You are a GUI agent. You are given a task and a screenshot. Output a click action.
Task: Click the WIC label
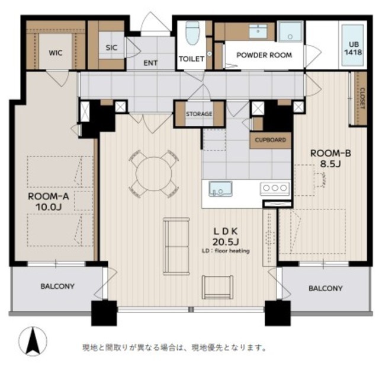[56, 53]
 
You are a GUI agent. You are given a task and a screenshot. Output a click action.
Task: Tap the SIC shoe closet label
[111, 47]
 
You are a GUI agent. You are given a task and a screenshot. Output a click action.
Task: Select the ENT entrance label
[150, 63]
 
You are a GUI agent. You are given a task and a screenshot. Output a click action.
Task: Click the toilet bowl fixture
[192, 33]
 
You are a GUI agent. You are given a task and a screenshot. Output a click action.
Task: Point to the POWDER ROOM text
[264, 55]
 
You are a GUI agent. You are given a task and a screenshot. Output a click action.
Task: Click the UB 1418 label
[354, 49]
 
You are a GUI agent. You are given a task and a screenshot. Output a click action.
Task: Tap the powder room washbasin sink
[258, 31]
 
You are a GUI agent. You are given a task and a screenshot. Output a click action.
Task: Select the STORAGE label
[199, 114]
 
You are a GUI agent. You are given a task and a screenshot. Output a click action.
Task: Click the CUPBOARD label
[271, 140]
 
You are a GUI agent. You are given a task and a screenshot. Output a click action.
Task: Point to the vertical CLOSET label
[362, 98]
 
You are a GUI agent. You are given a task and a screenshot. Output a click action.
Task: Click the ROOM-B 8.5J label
[330, 158]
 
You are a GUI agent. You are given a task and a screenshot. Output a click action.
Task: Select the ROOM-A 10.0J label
[49, 202]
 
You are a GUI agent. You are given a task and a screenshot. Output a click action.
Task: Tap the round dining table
[154, 173]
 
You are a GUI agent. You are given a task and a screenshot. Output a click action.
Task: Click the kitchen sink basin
[220, 189]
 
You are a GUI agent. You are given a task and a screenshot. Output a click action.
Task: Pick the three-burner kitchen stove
[275, 188]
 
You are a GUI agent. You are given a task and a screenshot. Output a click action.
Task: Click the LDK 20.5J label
[226, 237]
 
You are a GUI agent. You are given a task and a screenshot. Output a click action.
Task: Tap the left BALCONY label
[57, 286]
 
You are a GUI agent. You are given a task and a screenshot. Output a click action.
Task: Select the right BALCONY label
[326, 288]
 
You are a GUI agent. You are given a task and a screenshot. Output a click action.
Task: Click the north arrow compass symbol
[33, 342]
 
